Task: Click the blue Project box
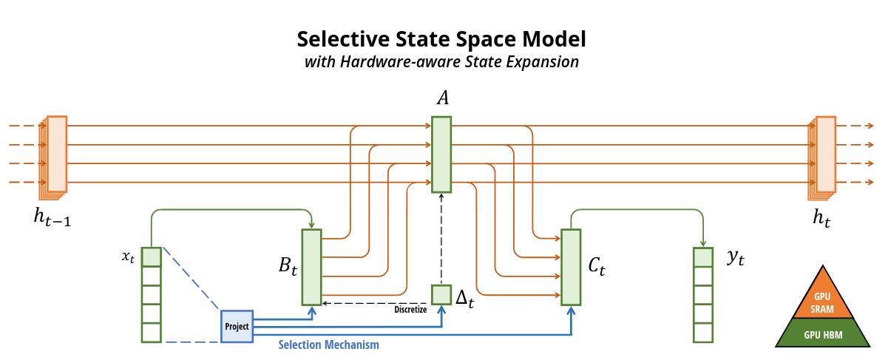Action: [237, 326]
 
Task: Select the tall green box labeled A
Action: [441, 154]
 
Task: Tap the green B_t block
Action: [311, 267]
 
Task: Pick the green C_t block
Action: [570, 267]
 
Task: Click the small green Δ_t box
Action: [441, 294]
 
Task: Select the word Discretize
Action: [410, 310]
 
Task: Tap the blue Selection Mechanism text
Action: [328, 344]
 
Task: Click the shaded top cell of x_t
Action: [151, 257]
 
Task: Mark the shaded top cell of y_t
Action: [702, 257]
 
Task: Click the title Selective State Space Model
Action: [441, 38]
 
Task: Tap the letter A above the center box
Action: [441, 98]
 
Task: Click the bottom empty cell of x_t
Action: [151, 333]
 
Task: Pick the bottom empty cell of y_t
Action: [702, 333]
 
